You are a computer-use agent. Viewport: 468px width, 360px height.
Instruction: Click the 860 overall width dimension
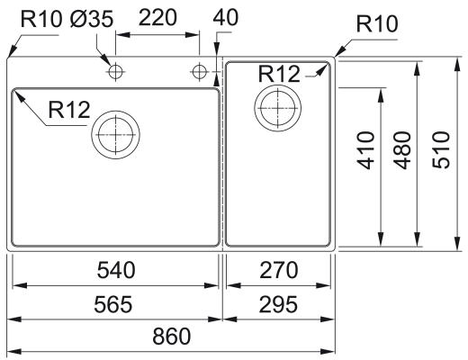pos(172,336)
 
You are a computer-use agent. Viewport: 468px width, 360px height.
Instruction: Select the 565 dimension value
pos(113,304)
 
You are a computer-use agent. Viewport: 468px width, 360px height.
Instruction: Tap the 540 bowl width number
pos(116,270)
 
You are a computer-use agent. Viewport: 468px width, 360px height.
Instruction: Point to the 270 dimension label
pos(279,270)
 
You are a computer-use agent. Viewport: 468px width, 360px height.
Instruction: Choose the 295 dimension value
pos(278,304)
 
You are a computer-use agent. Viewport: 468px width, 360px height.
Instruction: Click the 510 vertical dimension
pos(441,149)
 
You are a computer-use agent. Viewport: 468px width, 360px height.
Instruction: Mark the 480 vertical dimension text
pos(402,150)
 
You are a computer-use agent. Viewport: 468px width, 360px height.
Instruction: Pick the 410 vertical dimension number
pos(365,150)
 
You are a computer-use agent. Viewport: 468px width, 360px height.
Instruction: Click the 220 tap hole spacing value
pos(157,17)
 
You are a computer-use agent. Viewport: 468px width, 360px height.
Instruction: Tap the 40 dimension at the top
pos(226,17)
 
